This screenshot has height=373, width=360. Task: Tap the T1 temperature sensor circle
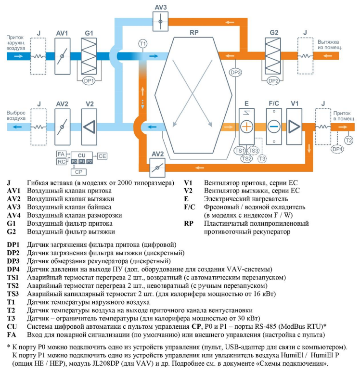142,44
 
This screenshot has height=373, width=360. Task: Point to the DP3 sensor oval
235,73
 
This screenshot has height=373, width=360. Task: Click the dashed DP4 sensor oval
337,149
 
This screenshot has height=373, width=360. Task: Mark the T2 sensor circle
349,140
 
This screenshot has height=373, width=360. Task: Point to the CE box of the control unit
103,156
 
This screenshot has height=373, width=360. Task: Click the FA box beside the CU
61,154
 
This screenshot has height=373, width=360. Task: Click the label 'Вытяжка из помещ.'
330,45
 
